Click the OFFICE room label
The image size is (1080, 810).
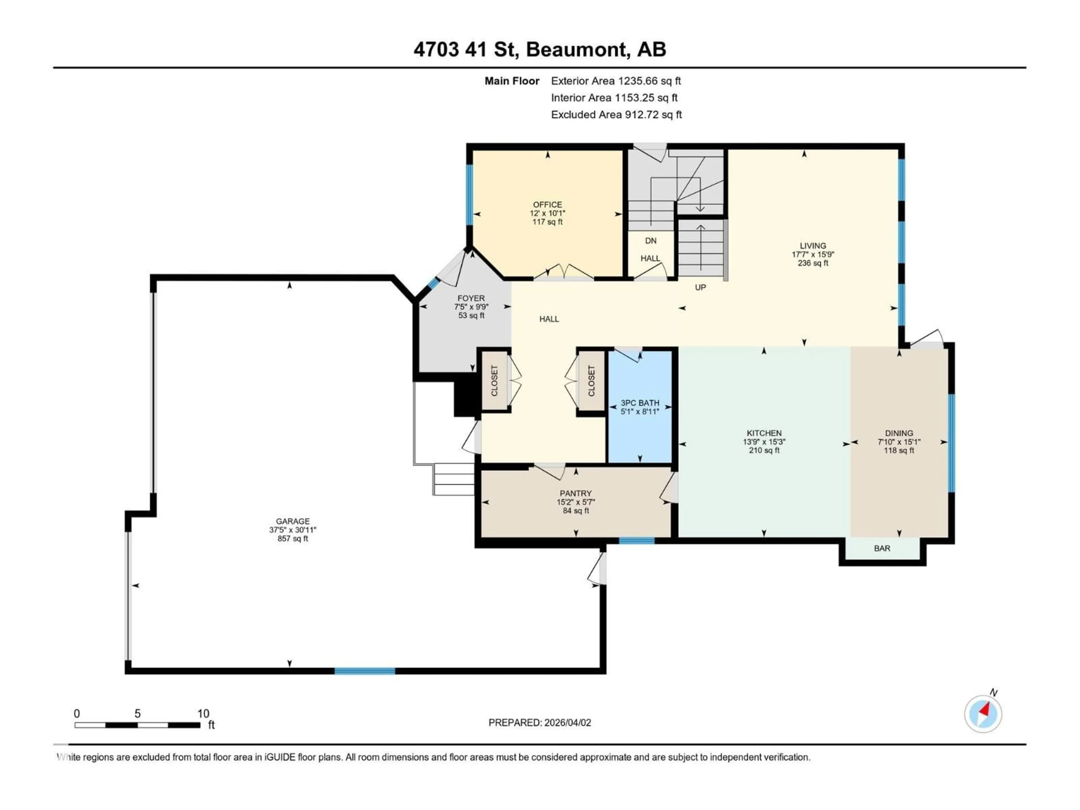coord(547,204)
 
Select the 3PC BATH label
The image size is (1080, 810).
coord(640,403)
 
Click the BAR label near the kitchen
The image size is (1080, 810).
coord(882,548)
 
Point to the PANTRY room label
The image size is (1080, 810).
coord(576,493)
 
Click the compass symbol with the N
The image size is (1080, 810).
coord(983,714)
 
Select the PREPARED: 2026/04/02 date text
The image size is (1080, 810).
coord(539,723)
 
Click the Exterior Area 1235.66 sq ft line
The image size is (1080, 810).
coord(616,81)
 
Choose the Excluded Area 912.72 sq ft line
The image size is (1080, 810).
coord(616,115)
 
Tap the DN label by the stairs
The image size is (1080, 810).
coord(650,241)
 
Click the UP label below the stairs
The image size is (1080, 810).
coord(700,287)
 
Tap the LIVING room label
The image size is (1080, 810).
coord(813,246)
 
